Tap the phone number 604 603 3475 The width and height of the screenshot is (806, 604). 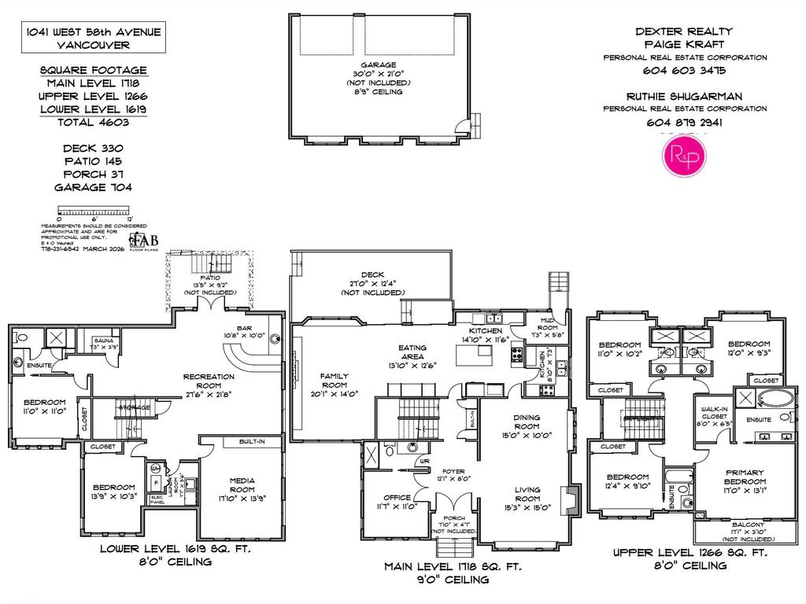tap(685, 70)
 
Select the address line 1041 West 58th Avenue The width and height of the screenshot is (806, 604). tap(93, 31)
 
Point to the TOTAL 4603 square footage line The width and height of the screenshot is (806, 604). tap(93, 122)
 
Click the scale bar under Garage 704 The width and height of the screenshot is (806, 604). tap(93, 210)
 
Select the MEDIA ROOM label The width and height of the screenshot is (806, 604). tap(241, 481)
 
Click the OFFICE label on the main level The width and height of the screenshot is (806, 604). tap(397, 497)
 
